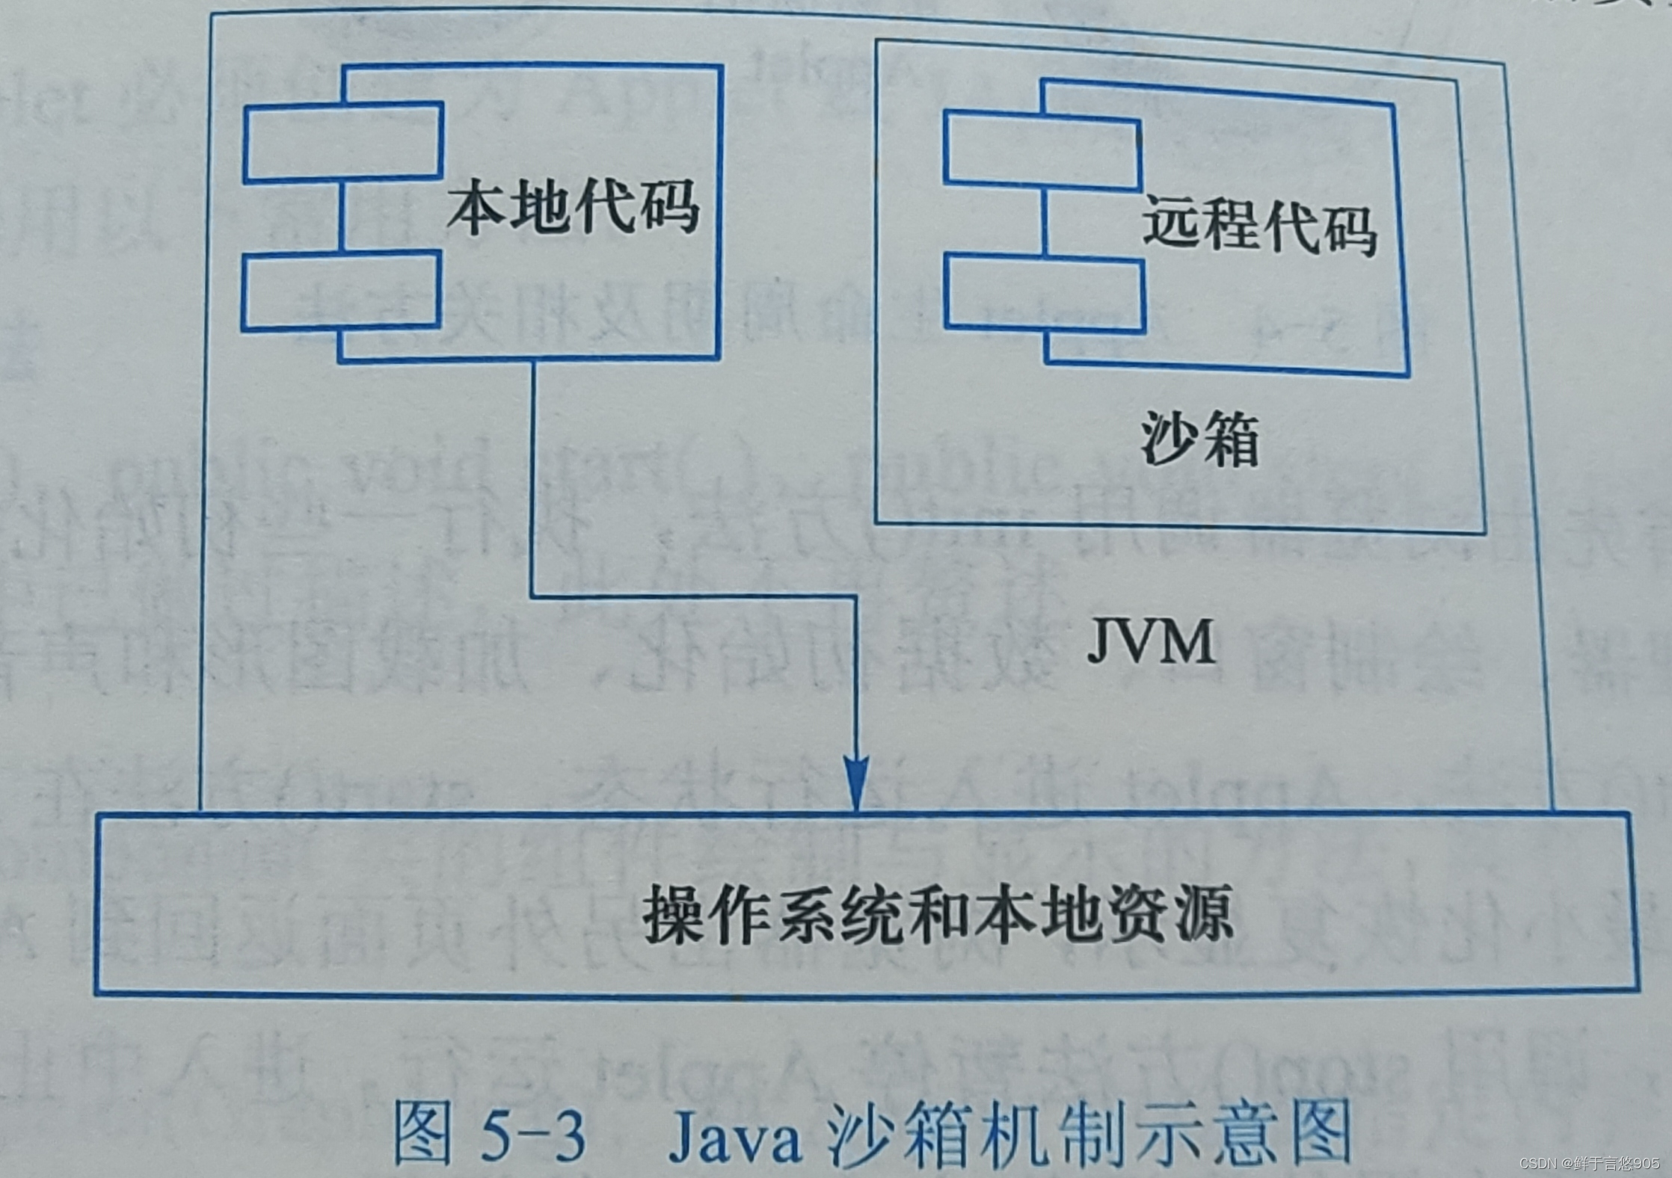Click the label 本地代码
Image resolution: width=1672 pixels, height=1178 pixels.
point(574,207)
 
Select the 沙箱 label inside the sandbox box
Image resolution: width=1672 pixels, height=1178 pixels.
point(1199,439)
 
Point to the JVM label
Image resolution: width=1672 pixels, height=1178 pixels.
point(1151,641)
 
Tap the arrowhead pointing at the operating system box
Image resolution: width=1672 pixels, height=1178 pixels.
point(856,785)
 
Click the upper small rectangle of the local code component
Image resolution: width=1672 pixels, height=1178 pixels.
point(343,143)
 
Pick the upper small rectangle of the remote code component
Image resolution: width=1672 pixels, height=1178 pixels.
point(1042,148)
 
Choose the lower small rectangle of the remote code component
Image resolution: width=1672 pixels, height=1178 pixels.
point(1045,294)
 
